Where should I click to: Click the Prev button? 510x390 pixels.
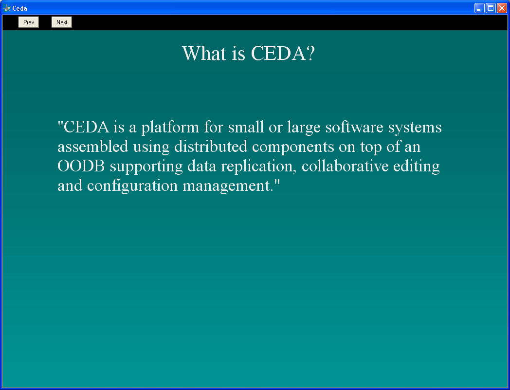(29, 22)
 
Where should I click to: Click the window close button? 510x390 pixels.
(502, 8)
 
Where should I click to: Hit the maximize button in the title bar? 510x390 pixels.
(491, 8)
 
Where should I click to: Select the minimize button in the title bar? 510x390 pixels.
(479, 8)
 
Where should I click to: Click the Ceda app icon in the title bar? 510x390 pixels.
(6, 8)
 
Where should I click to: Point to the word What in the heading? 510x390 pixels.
(203, 53)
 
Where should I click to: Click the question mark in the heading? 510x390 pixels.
(310, 53)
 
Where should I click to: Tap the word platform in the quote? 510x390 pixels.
(170, 127)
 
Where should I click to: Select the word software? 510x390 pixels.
(354, 127)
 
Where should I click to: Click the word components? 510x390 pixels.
(293, 147)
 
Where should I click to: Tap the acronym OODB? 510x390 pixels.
(81, 166)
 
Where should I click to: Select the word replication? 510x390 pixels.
(258, 167)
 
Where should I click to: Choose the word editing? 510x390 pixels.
(417, 167)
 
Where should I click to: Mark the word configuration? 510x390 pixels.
(132, 186)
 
